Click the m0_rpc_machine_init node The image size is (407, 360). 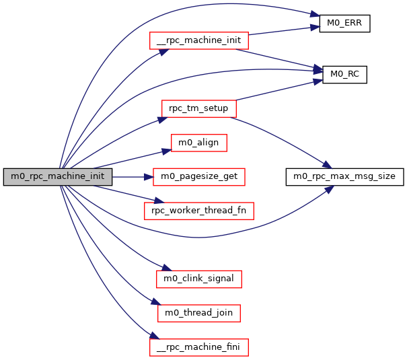(x=57, y=177)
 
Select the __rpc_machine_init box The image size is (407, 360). (x=198, y=40)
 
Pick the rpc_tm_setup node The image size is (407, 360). (x=198, y=108)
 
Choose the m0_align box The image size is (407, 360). (x=198, y=143)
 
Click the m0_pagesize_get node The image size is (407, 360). (x=198, y=177)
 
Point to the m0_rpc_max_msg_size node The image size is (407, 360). (x=345, y=177)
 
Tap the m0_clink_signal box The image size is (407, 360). (x=198, y=277)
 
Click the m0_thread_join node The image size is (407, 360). (x=198, y=312)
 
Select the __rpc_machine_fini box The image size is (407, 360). (x=198, y=347)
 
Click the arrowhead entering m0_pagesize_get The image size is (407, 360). (x=149, y=177)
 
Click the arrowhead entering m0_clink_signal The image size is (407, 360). (x=160, y=271)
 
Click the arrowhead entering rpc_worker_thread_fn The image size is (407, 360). (x=159, y=202)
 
